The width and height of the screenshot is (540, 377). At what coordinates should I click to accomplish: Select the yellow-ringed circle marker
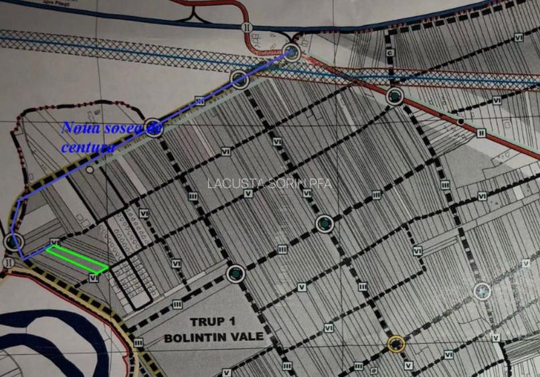tap(396, 344)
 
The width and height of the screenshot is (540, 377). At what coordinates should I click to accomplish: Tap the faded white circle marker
tap(482, 291)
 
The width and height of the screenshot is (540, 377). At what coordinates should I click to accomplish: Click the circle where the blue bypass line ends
tap(292, 52)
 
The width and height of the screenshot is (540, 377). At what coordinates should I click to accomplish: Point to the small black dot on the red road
tap(460, 121)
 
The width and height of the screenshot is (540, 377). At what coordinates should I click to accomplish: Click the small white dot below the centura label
tap(90, 171)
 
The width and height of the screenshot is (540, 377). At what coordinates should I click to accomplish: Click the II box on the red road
tap(480, 133)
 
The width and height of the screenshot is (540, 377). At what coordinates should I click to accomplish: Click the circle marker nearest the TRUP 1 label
tap(234, 273)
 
